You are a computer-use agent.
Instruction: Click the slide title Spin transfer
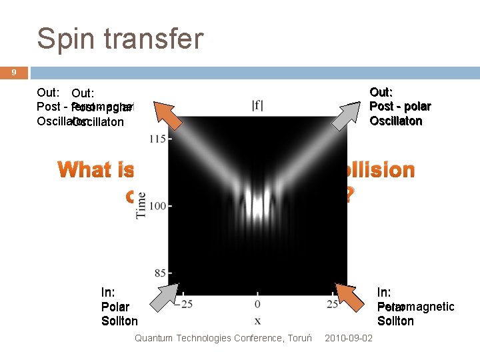coord(120,39)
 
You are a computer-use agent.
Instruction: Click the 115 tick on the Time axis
coord(157,139)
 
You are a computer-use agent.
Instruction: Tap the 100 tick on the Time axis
coord(157,206)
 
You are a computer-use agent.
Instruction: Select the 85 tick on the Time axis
coord(159,273)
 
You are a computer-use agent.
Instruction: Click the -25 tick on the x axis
coord(183,305)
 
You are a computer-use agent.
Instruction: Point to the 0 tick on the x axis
coord(257,305)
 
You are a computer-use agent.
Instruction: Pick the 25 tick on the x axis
coord(331,305)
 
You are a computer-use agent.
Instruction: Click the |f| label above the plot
coord(257,105)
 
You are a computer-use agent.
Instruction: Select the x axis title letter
coord(257,321)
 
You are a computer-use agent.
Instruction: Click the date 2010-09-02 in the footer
coord(349,339)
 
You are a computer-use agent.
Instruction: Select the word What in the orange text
coord(85,169)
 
